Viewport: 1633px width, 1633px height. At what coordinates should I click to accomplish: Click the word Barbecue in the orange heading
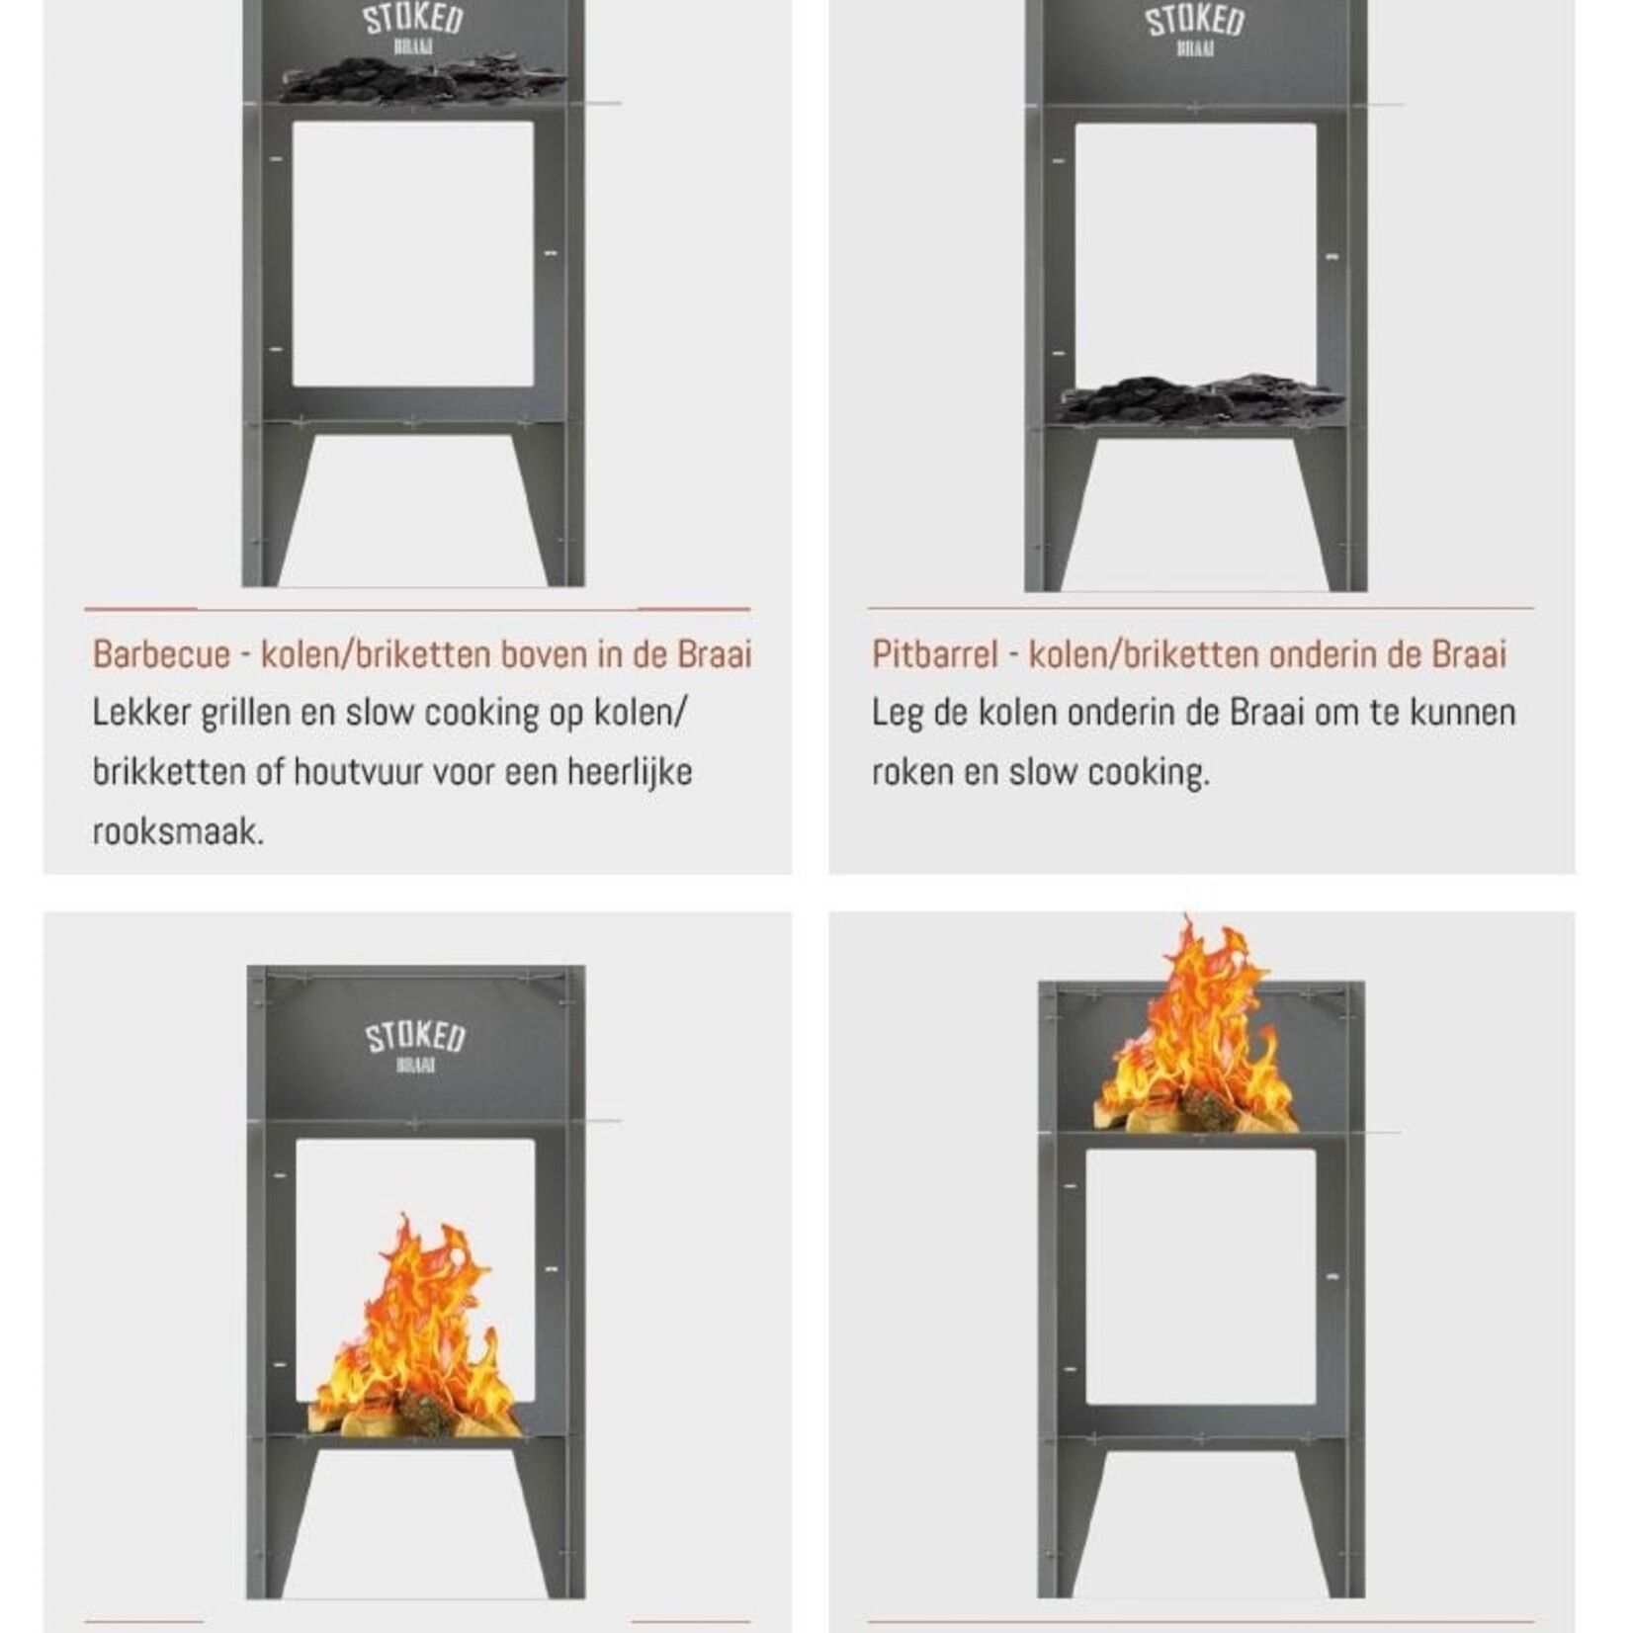click(x=161, y=654)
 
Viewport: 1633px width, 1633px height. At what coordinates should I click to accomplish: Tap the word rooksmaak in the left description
click(x=178, y=831)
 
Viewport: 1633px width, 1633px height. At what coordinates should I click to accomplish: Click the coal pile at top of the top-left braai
click(x=415, y=79)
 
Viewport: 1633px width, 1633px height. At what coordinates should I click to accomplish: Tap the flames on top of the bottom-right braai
click(x=1198, y=1028)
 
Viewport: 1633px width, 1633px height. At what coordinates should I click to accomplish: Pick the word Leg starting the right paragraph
click(x=896, y=713)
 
